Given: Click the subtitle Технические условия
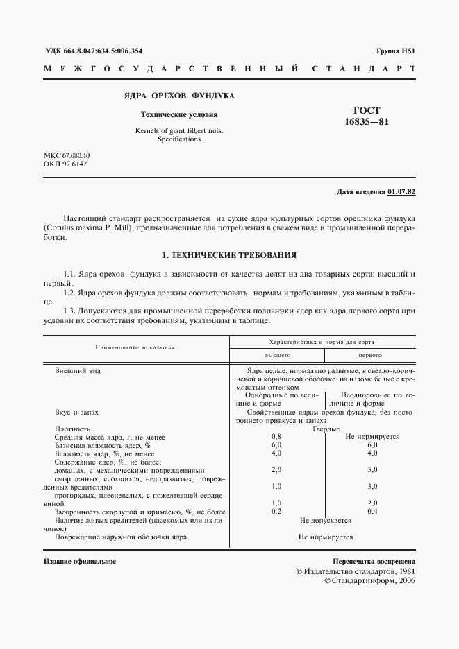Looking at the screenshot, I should pos(179,114).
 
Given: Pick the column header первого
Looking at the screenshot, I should pos(370,354).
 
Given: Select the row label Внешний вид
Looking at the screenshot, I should pos(78,371).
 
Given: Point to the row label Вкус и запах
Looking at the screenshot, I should pos(76,412).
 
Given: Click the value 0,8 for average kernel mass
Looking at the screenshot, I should pos(276,437).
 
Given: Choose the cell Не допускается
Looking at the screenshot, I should pos(325,520).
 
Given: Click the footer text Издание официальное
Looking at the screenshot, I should pos(80,561).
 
